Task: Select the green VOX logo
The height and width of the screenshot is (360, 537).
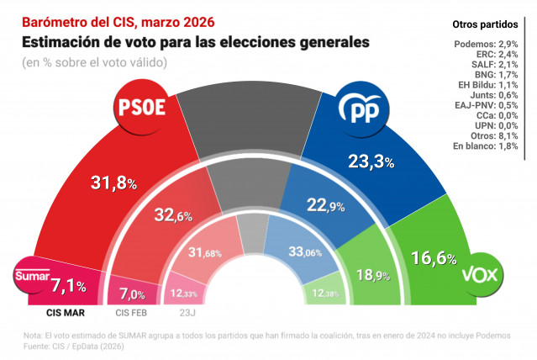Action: [482, 277]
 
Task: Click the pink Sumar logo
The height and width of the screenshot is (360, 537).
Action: [32, 277]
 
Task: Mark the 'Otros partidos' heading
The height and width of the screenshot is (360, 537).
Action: [485, 24]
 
